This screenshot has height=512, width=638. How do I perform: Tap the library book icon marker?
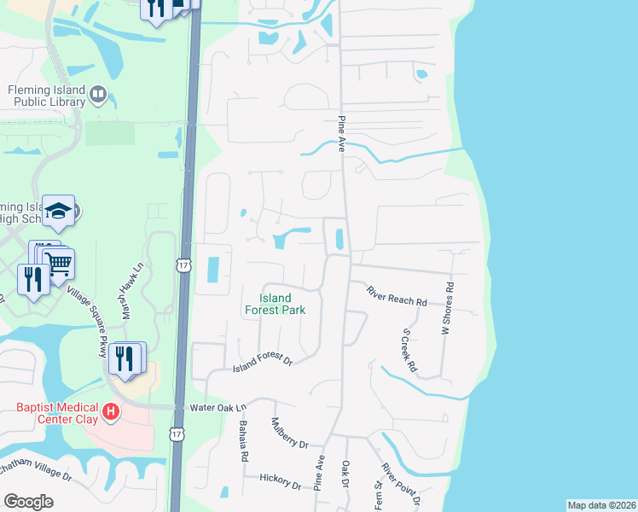pyautogui.click(x=97, y=94)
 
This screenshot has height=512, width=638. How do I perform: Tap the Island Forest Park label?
pyautogui.click(x=282, y=305)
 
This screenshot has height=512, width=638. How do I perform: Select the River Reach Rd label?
pyautogui.click(x=397, y=296)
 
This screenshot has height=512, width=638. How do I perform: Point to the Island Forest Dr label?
pyautogui.click(x=263, y=364)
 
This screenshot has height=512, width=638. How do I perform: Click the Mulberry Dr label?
pyautogui.click(x=289, y=433)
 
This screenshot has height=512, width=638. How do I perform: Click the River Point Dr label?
pyautogui.click(x=400, y=483)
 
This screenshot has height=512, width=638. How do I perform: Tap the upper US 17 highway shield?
pyautogui.click(x=183, y=266)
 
